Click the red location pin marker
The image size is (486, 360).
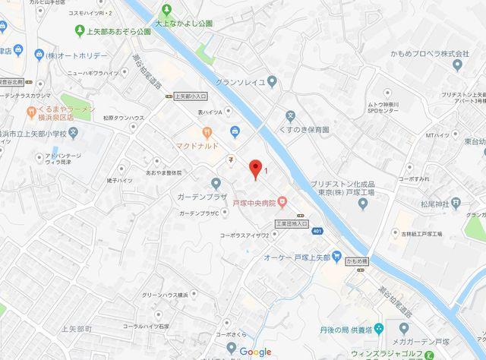pos(256,168)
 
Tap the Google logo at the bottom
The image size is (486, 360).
pos(256,352)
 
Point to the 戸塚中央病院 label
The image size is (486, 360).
pos(254,202)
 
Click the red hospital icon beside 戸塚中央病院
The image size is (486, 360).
pos(282,201)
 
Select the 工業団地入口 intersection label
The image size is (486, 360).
pos(291,224)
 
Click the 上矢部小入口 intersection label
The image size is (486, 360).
pos(190,96)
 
